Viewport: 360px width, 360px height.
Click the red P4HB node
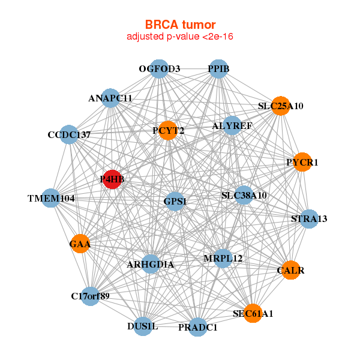(x=112, y=179)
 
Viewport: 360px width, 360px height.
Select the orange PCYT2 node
(x=167, y=130)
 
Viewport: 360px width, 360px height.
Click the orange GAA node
(x=80, y=244)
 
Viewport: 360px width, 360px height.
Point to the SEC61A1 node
(x=253, y=313)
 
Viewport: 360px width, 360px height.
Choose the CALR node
(x=290, y=271)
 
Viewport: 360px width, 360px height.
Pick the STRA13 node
(x=308, y=218)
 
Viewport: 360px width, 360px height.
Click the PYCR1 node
(x=302, y=162)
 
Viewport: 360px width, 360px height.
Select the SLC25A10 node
(x=280, y=106)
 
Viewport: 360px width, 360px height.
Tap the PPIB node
(x=218, y=69)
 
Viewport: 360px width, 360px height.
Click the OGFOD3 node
(x=159, y=69)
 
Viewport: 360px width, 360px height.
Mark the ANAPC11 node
(x=110, y=98)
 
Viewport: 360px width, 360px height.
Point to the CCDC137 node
(x=69, y=135)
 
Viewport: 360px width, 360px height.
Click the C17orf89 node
(x=90, y=296)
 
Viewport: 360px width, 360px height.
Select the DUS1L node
(x=142, y=326)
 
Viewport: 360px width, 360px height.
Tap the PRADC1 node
(x=197, y=328)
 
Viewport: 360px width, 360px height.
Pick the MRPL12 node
(x=223, y=259)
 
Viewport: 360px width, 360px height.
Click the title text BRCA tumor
(x=180, y=25)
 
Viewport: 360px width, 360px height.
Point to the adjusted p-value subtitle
(x=180, y=37)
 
